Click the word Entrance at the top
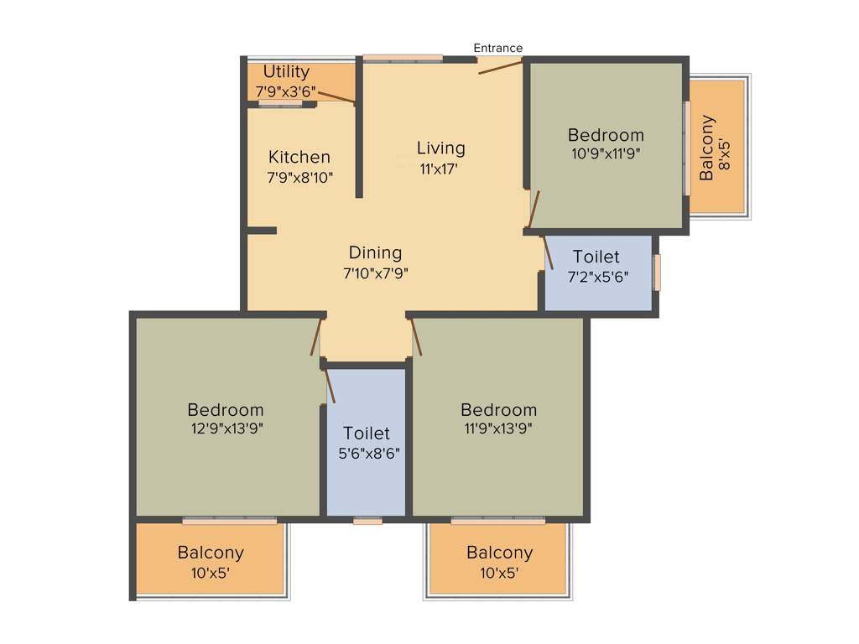click(497, 48)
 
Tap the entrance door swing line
click(501, 66)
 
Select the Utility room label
click(286, 72)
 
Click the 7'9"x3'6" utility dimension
click(285, 91)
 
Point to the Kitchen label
click(299, 157)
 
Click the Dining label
click(375, 252)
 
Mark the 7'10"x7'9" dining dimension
click(375, 273)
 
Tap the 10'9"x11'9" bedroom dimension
click(606, 154)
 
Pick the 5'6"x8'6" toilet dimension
click(367, 454)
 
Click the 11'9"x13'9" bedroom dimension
click(498, 428)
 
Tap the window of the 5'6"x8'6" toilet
click(367, 521)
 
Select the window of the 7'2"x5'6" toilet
click(657, 272)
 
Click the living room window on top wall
click(403, 59)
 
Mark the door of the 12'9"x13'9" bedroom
click(316, 337)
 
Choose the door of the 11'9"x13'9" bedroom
click(415, 337)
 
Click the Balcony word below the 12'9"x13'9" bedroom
click(211, 553)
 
